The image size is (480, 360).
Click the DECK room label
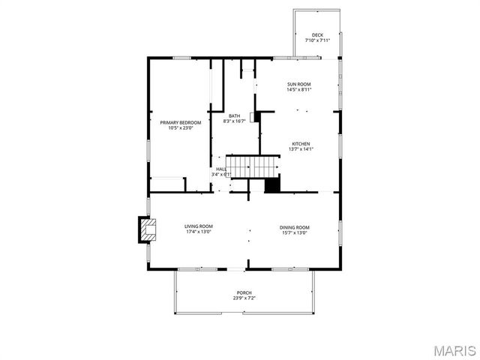coord(317,34)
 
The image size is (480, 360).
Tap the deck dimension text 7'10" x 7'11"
coord(317,40)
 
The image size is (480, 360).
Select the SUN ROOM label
coord(298,84)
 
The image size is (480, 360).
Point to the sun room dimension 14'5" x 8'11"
coord(298,90)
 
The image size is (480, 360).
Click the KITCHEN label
coord(301,143)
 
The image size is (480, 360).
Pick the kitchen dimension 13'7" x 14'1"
coord(301,149)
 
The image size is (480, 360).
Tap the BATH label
coord(235,115)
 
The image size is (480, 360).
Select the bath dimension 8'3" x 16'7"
coord(235,121)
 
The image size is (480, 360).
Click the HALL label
coord(221,169)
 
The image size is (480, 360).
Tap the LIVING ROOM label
coord(199,226)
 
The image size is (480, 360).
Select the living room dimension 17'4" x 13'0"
coord(199,232)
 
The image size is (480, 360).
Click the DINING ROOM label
coord(294,226)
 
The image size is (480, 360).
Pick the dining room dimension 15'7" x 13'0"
coord(294,232)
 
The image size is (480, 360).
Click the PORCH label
coord(244,292)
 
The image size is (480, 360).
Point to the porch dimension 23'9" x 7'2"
coord(244,298)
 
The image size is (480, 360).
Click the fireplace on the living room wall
coord(146,230)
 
